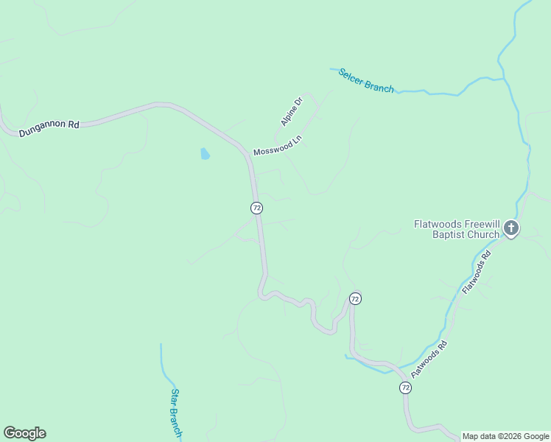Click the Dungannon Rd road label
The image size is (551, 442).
(49, 126)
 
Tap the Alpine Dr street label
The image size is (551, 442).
(292, 111)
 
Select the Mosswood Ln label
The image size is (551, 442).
(278, 145)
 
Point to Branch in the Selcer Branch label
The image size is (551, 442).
(380, 88)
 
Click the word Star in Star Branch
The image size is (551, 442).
(174, 397)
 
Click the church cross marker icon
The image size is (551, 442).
(511, 228)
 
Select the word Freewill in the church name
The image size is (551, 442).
(478, 223)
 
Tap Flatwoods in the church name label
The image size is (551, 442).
(436, 223)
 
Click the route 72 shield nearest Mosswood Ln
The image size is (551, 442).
(256, 208)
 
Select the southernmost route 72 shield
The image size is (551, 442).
(405, 387)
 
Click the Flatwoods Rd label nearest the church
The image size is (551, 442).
(476, 273)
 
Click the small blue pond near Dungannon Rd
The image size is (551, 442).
(205, 154)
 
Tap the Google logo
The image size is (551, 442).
(24, 433)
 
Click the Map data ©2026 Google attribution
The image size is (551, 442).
(505, 436)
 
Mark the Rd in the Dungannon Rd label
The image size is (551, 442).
(72, 124)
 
